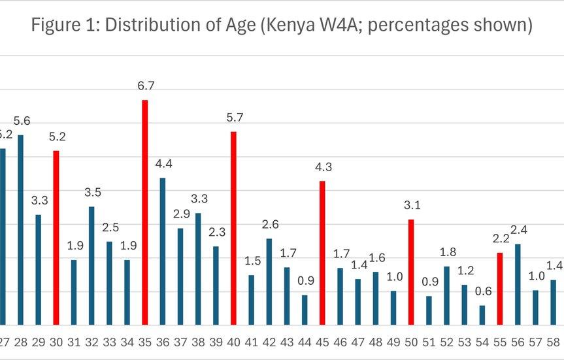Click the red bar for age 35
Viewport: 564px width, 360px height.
tap(145, 212)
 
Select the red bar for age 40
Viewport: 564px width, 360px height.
tap(233, 228)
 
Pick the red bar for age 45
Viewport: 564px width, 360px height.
tap(322, 253)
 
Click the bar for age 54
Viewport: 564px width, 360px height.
tap(482, 315)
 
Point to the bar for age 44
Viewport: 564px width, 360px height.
tap(305, 310)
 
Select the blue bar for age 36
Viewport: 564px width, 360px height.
tap(163, 251)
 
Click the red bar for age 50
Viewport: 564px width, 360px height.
tap(411, 272)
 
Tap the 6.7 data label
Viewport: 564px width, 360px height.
tap(146, 86)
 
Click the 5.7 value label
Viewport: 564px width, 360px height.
tap(233, 118)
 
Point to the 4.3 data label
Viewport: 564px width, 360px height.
tap(323, 167)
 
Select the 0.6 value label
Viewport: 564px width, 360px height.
tap(482, 291)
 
